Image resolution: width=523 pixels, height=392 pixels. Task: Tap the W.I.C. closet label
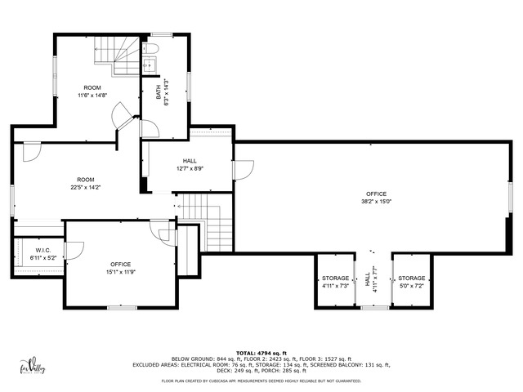coord(43,250)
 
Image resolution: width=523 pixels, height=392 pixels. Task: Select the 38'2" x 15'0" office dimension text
coord(377,202)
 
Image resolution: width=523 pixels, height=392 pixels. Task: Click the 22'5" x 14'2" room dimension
coord(85,187)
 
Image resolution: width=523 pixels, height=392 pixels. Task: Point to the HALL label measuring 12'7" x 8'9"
coord(190,161)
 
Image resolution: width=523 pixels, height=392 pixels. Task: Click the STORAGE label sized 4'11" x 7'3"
coord(335,278)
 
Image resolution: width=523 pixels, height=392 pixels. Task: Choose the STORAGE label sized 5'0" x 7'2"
coord(411,278)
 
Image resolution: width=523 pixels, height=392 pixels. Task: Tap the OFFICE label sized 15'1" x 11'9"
coord(121,264)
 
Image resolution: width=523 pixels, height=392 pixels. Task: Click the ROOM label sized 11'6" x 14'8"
coord(92,87)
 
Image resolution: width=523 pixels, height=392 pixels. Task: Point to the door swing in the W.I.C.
coord(73,251)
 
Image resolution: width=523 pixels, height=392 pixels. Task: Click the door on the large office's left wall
coord(243,169)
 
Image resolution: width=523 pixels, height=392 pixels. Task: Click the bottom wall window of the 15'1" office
coord(121,307)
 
